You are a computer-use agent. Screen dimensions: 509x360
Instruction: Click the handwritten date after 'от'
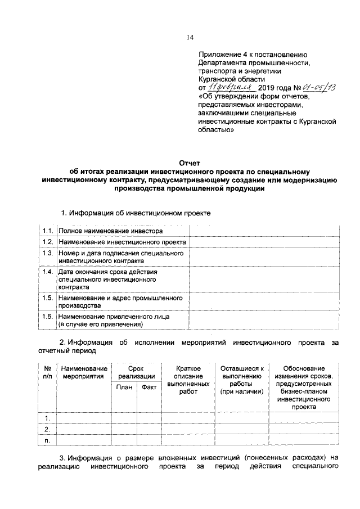coord(231,88)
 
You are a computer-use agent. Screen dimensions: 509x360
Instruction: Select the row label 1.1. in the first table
coord(48,231)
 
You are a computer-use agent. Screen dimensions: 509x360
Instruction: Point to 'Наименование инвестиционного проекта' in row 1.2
coord(122,242)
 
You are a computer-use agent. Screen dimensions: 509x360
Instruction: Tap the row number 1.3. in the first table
coord(48,254)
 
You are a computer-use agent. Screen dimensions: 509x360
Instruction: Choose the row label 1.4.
coord(48,272)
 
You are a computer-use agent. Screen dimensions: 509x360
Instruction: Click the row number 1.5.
coord(48,298)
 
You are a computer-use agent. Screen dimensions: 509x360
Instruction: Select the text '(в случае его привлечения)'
coord(100,325)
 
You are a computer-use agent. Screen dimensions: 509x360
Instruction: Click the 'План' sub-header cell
coord(124,386)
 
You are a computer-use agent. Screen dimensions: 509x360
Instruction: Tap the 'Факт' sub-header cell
coord(149,386)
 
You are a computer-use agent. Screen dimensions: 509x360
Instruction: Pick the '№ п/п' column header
coord(47,372)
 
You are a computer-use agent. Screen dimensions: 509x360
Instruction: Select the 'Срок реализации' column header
coord(137,372)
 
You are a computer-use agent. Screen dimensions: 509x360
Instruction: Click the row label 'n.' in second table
coord(47,442)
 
